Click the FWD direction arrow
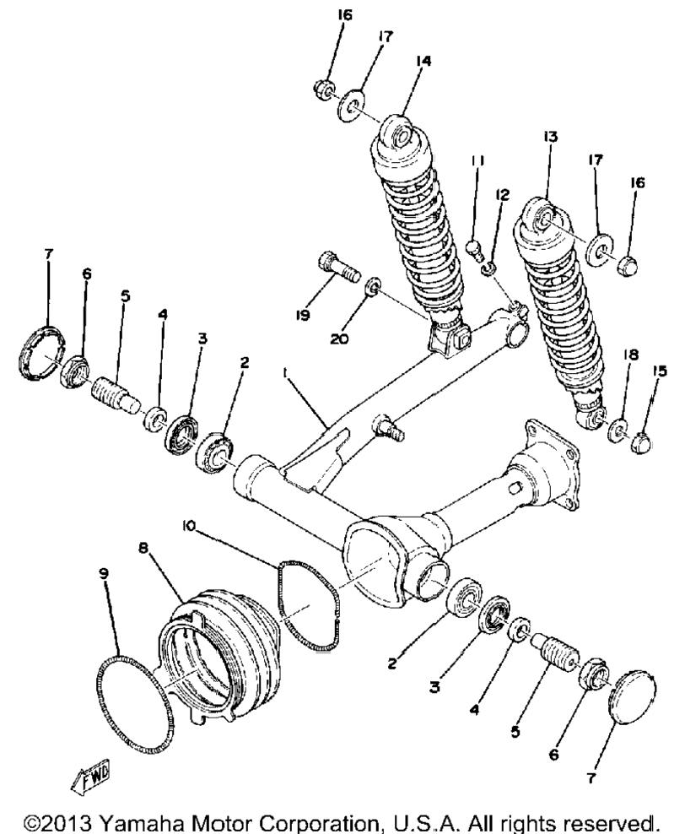point(90,775)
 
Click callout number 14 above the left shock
point(423,61)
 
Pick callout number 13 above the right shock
point(550,137)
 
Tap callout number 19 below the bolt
point(302,316)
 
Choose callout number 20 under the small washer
point(339,338)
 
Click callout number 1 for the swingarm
point(285,375)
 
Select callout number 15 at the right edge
point(660,371)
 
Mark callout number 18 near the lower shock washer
point(631,355)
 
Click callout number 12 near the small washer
point(502,195)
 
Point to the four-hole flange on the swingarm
point(553,468)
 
